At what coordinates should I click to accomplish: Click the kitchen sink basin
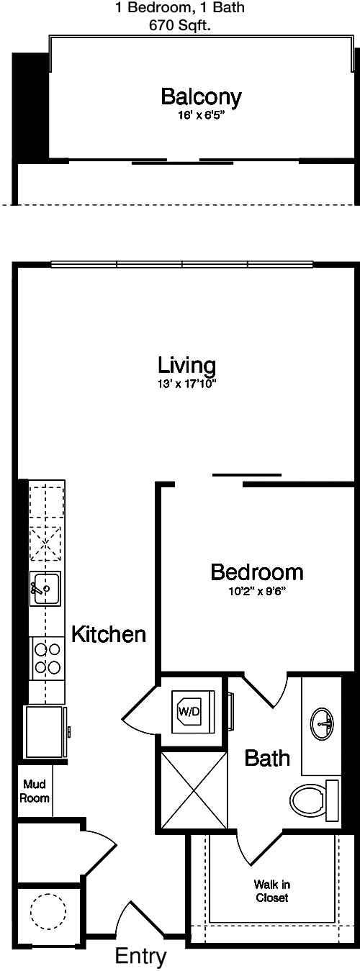(x=45, y=588)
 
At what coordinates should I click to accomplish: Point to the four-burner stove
(x=47, y=658)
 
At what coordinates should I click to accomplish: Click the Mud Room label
(x=35, y=791)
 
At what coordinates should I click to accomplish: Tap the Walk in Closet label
(x=272, y=891)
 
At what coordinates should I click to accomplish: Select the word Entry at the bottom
(x=140, y=956)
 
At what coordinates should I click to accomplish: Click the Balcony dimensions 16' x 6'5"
(x=202, y=116)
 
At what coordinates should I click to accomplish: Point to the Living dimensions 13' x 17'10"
(x=186, y=384)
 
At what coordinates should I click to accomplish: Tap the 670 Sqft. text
(x=180, y=26)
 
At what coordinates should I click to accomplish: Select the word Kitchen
(x=109, y=634)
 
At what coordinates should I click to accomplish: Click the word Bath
(x=267, y=758)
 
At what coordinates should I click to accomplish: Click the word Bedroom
(x=257, y=572)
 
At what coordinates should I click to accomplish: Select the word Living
(x=186, y=365)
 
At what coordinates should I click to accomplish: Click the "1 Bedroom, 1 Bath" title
(x=180, y=8)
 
